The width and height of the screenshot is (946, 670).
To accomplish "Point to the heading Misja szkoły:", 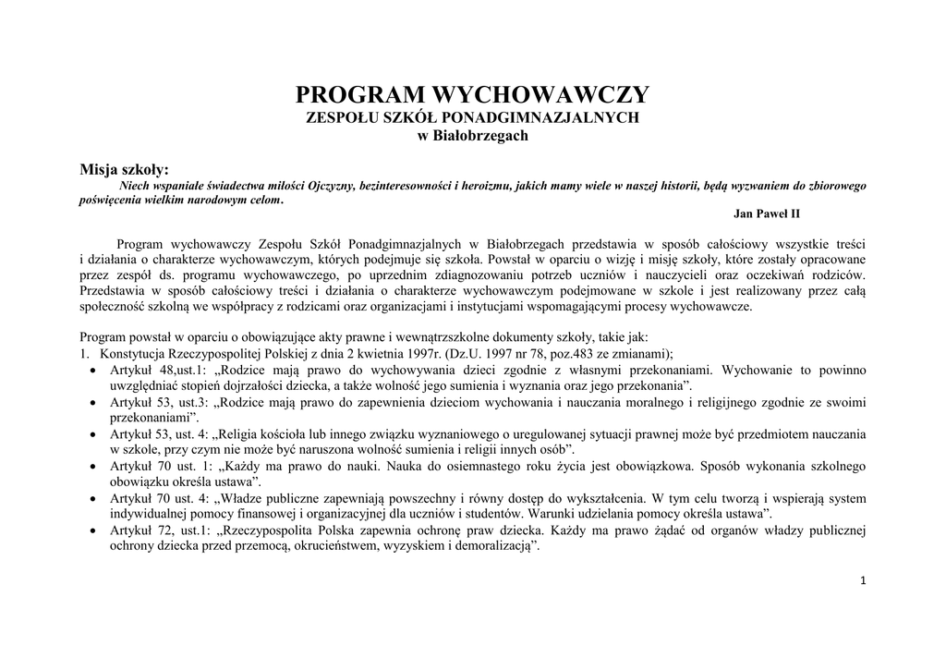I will [125, 169].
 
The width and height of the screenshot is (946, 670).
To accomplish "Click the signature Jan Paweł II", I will [766, 213].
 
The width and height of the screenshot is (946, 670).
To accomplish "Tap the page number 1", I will [862, 580].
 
